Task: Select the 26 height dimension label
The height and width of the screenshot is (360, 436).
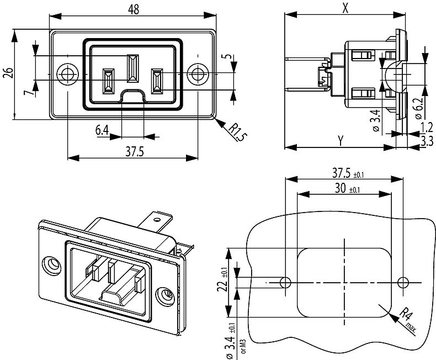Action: click(8, 73)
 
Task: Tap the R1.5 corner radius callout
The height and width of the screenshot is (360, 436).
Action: click(236, 133)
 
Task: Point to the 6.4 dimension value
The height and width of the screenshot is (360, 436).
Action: click(102, 130)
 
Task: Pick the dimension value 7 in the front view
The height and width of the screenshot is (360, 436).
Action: click(27, 91)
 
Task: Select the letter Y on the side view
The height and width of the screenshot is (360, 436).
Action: click(341, 141)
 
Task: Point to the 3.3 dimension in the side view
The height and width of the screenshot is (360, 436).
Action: click(426, 141)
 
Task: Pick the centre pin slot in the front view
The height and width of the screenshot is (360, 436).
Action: click(132, 69)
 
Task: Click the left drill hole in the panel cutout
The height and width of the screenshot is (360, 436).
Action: click(285, 283)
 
